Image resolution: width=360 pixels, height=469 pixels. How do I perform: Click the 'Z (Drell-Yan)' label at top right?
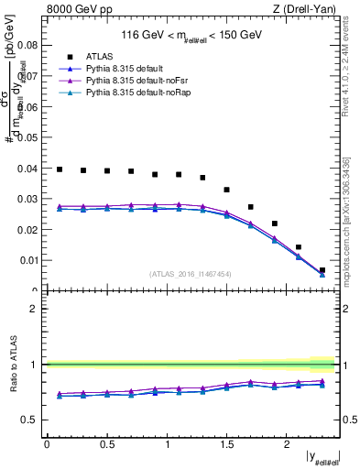point(308,9)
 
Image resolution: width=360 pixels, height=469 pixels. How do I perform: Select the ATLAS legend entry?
point(98,56)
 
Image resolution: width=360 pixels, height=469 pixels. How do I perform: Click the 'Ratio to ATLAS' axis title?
point(14,365)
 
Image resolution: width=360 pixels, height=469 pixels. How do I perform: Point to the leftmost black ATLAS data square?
point(60,169)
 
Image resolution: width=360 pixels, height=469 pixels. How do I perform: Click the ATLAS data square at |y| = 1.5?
point(226,190)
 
